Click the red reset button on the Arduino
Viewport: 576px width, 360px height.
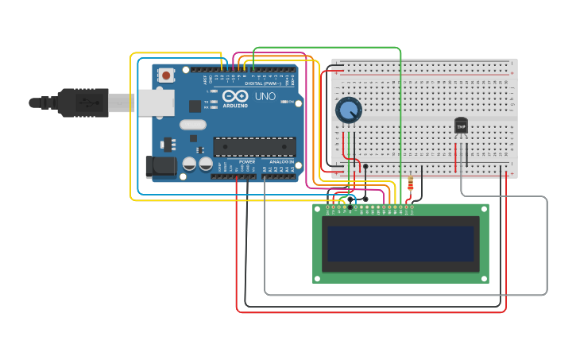[166, 75]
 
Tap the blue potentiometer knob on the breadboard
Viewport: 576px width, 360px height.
[348, 110]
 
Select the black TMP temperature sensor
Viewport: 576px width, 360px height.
[461, 126]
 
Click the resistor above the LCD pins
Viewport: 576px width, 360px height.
[410, 186]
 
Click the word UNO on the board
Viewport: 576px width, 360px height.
[265, 96]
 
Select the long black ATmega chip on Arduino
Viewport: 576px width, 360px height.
[254, 146]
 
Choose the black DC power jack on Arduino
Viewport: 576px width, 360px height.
[160, 167]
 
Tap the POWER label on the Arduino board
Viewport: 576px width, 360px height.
[247, 161]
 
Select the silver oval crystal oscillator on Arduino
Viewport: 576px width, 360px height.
[192, 124]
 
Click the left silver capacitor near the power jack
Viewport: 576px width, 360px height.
[190, 164]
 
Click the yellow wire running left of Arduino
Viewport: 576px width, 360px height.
[131, 127]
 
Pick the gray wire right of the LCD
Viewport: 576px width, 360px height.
[547, 246]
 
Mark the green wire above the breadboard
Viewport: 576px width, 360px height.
[326, 48]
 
